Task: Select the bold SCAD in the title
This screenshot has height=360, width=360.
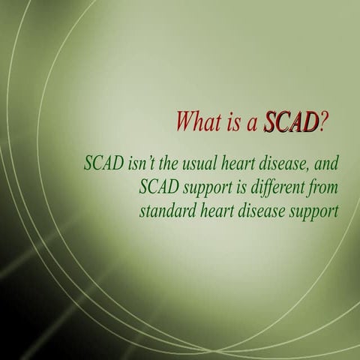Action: (x=291, y=121)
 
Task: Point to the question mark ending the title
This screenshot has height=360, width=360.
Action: (x=324, y=121)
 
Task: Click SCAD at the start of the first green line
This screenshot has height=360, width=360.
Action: (x=104, y=163)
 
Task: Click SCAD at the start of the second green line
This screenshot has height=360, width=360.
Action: (x=159, y=187)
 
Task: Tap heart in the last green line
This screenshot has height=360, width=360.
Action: (x=217, y=211)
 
